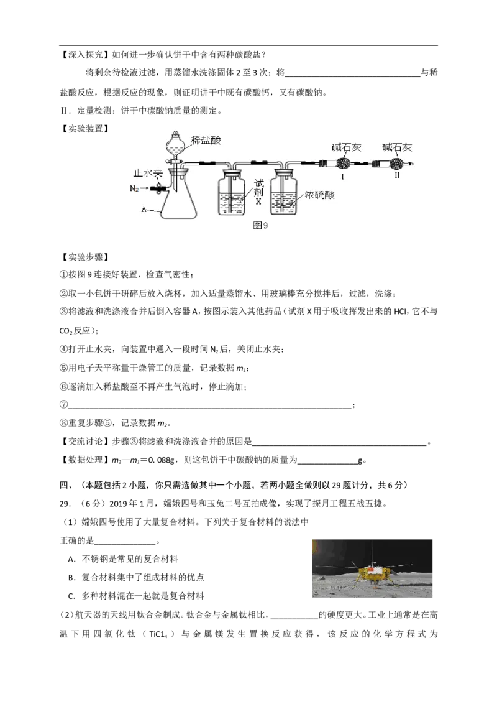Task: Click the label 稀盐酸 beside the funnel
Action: coord(206,140)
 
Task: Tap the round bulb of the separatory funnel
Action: coord(175,144)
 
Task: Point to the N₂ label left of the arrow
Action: coord(134,188)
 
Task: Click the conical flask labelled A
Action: coord(178,198)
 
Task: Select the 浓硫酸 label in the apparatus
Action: coord(319,195)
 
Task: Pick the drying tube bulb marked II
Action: coord(396,162)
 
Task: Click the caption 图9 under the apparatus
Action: coord(260,225)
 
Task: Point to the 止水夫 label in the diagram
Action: coord(148,173)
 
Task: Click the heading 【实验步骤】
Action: coord(84,257)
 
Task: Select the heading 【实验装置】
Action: coord(84,128)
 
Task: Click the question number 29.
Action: coord(65,503)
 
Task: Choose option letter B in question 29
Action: coord(71,577)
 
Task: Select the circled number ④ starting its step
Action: coord(63,349)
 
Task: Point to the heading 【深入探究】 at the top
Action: coord(84,55)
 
